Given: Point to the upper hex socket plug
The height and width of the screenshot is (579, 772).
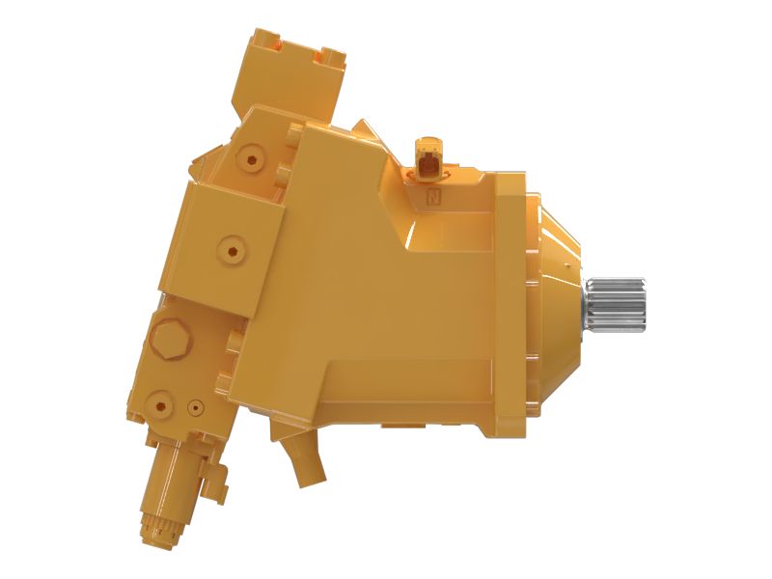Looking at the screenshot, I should coord(253,155).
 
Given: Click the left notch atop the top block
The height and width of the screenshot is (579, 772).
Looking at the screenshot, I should coord(267,41).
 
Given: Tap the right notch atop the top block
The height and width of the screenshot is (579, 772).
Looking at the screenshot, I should coord(330,55).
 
